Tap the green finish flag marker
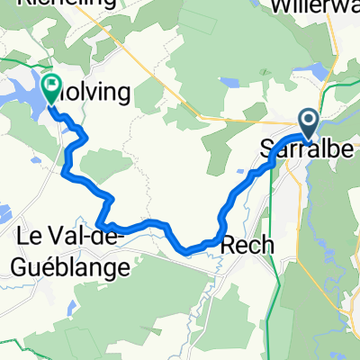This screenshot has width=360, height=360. point(51,86)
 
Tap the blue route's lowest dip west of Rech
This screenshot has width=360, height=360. point(187,251)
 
